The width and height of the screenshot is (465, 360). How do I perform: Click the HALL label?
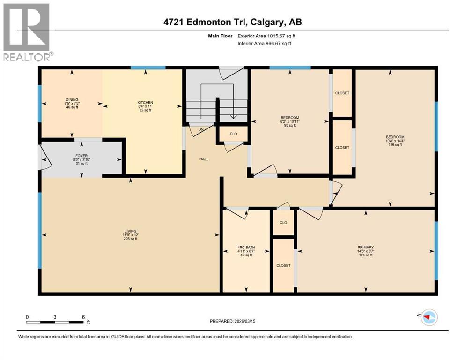click(204, 159)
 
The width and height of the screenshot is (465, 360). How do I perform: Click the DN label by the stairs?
click(201, 129)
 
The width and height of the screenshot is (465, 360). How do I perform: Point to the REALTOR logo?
click(27, 32)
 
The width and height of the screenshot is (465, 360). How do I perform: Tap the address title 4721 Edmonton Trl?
click(232, 22)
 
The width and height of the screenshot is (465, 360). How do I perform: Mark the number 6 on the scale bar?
click(83, 317)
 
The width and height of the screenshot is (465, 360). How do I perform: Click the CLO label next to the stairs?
click(233, 134)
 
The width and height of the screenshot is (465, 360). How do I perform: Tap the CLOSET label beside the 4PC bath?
click(283, 265)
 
